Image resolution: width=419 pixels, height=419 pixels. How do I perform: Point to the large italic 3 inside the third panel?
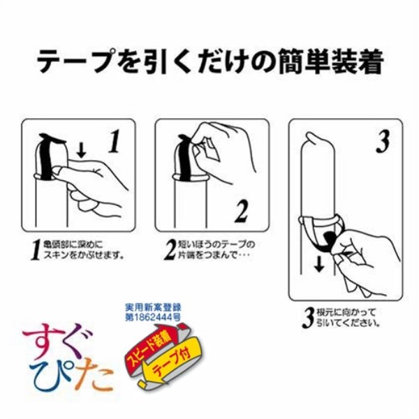tap(382, 142)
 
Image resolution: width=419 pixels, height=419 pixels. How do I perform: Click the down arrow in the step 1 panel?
tap(82, 149)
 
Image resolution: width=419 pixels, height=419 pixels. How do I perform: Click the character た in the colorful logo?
tap(97, 378)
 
